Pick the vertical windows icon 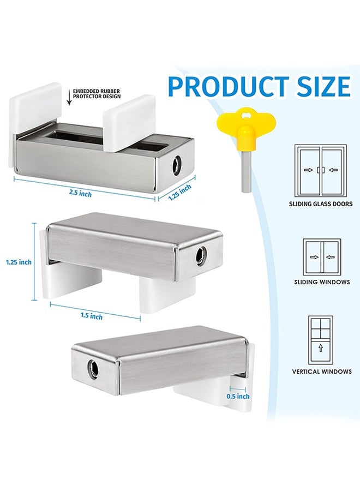(320, 340)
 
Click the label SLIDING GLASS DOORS (320, 204)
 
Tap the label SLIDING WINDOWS (320, 282)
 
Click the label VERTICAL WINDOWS (321, 372)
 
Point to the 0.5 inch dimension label (237, 397)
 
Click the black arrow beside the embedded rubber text (68, 98)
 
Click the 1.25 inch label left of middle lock (19, 262)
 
